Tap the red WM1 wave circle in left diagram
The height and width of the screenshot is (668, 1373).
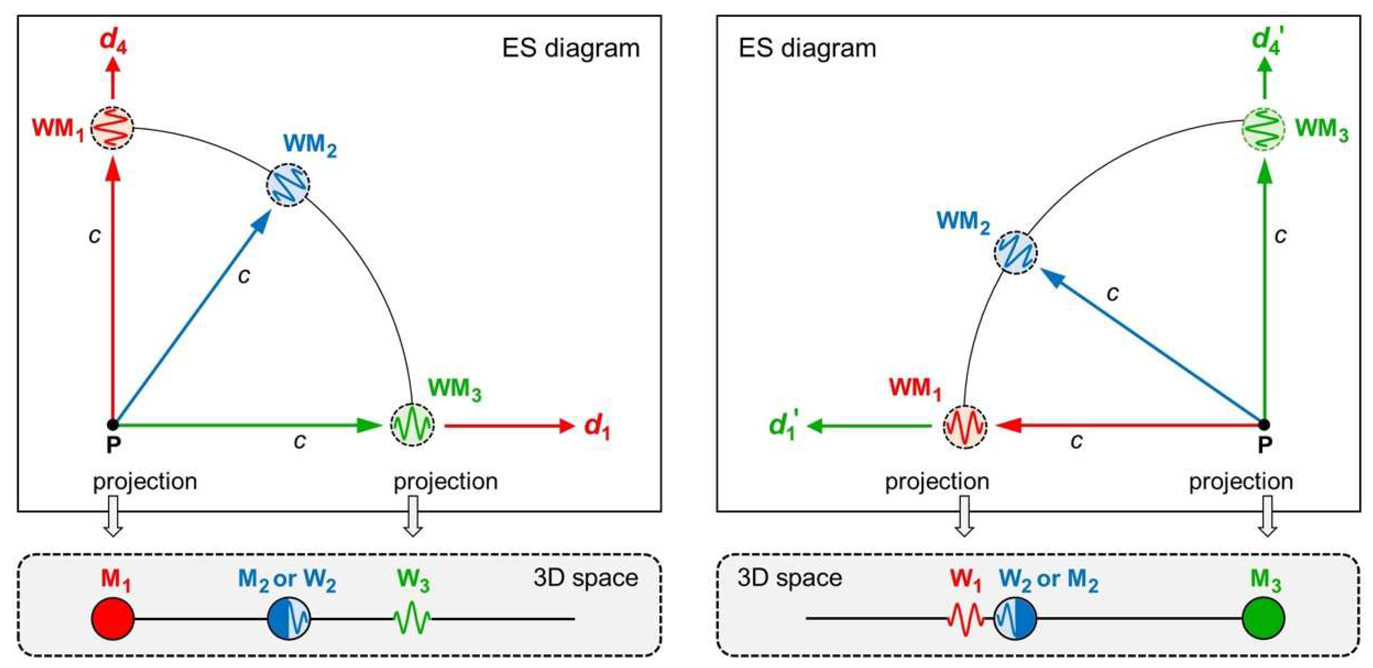click(112, 128)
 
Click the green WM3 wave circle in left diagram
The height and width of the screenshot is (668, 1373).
click(412, 425)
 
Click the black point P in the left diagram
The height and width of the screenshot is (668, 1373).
click(112, 425)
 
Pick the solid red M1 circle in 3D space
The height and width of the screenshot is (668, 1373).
click(112, 618)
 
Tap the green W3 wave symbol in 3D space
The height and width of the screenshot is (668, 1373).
click(412, 618)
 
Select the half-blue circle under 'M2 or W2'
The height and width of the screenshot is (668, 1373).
click(289, 618)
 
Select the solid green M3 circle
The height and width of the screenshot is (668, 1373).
click(1263, 618)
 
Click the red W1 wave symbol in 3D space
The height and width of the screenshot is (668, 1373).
click(965, 618)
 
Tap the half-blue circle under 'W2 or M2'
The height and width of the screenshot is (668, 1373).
click(1016, 618)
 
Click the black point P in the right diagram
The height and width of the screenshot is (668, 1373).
click(1264, 425)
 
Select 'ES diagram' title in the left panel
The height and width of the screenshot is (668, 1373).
click(571, 48)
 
